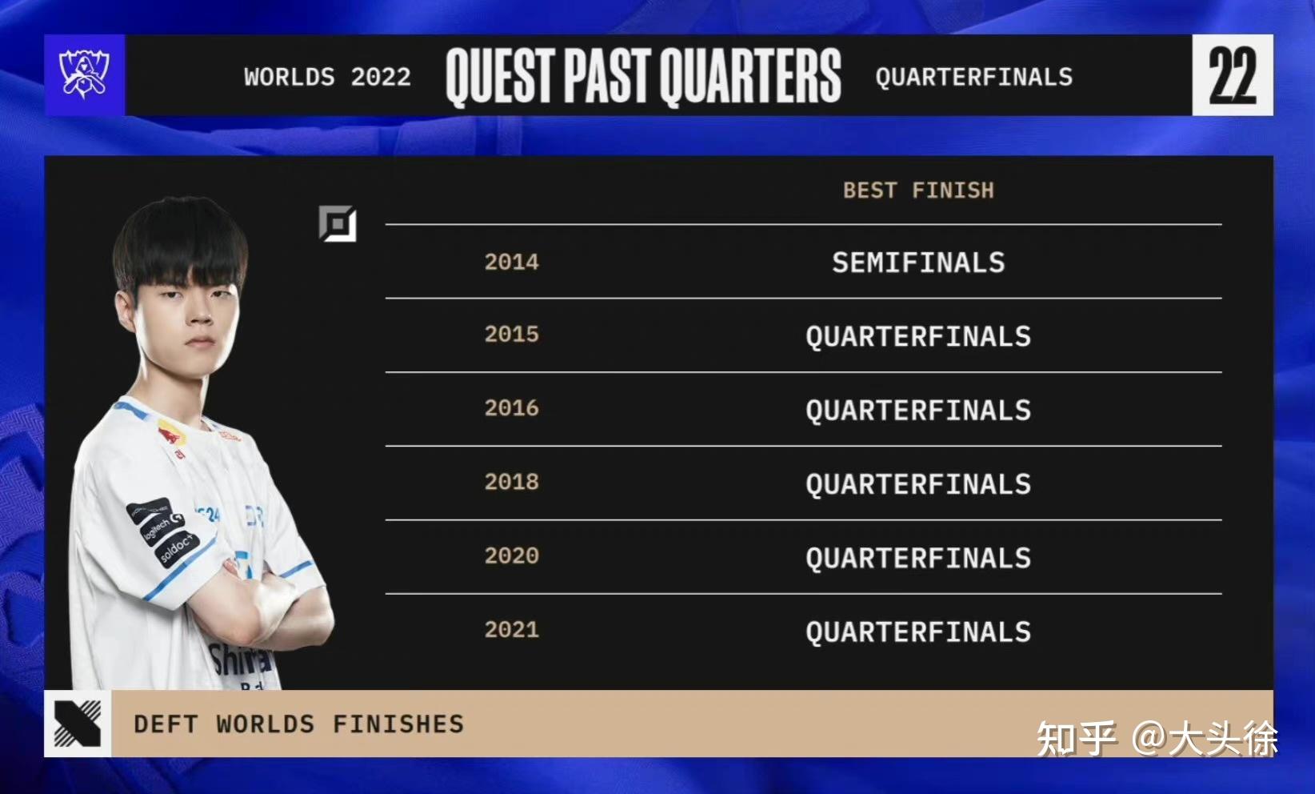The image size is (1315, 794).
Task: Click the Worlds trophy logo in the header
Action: (x=85, y=74)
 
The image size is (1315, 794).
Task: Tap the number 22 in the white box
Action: (x=1233, y=75)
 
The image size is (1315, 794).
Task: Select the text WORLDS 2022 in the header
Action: (x=328, y=77)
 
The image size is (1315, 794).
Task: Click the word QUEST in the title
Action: (x=500, y=76)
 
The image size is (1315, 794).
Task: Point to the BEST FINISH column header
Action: (x=919, y=190)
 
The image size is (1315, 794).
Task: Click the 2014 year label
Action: (x=511, y=262)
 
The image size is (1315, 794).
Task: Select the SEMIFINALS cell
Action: (x=919, y=263)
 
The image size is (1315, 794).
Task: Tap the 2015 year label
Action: (x=511, y=334)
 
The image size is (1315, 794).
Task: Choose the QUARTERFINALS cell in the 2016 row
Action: (x=919, y=411)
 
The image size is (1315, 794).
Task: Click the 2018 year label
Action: (x=511, y=482)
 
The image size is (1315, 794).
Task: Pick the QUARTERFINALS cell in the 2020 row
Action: (x=919, y=559)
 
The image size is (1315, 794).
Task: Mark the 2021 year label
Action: (x=511, y=630)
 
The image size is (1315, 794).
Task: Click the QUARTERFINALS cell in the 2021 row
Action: (x=919, y=632)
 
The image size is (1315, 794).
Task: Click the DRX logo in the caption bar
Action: (x=78, y=724)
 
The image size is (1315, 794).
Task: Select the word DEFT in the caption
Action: (x=166, y=724)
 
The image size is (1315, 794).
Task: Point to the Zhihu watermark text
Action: (x=1157, y=739)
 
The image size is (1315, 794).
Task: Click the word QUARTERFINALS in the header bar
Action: (x=974, y=77)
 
